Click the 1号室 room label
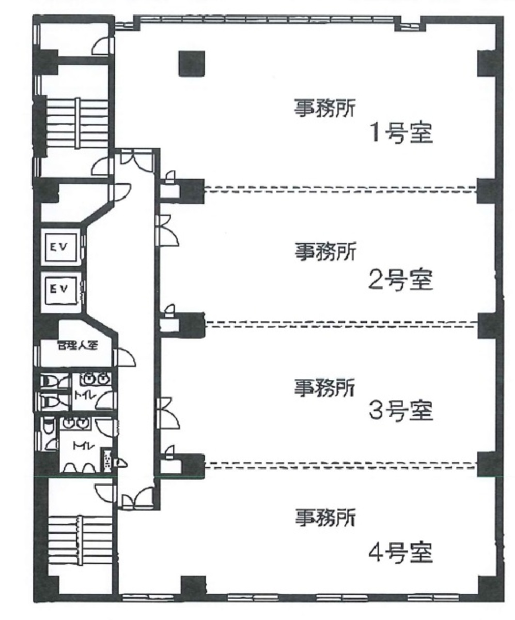400,134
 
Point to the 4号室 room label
400,554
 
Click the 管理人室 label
77,345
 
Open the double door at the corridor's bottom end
135,498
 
